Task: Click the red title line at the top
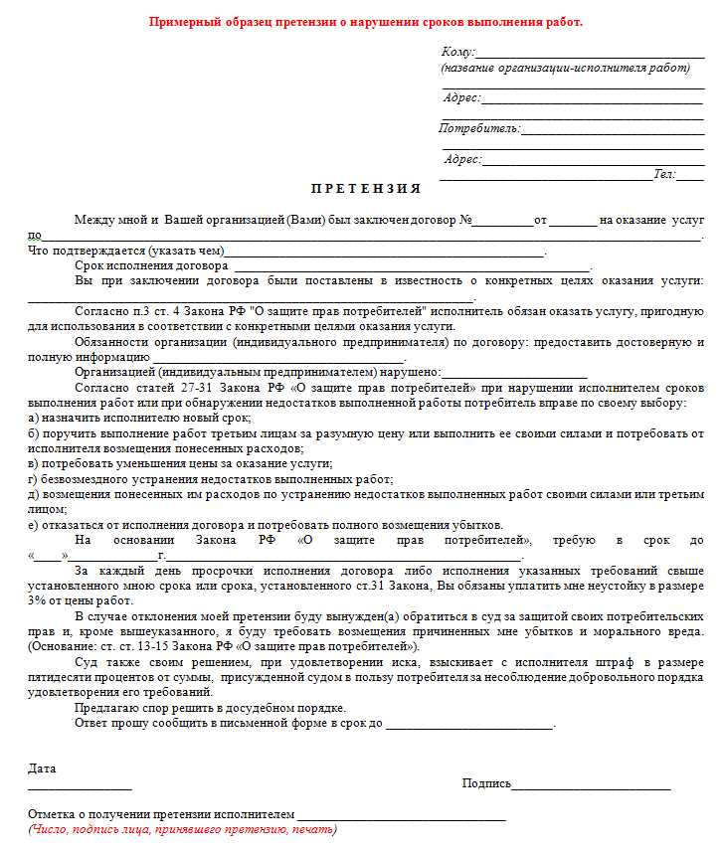pos(366,22)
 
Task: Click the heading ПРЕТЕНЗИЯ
pos(366,188)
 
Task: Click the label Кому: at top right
pos(458,52)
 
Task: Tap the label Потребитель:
pos(479,128)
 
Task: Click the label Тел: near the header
pos(664,174)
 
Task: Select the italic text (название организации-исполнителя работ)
pos(565,68)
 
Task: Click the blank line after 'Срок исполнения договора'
pos(412,266)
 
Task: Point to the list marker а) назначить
pos(34,419)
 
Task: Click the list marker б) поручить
pos(34,433)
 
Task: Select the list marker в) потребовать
pos(34,463)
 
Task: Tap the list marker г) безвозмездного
pos(34,478)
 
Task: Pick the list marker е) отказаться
pos(34,525)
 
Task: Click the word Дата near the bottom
pos(43,768)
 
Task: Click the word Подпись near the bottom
pos(486,783)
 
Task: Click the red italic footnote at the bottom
pos(182,829)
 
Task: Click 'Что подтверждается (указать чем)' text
pos(125,251)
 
